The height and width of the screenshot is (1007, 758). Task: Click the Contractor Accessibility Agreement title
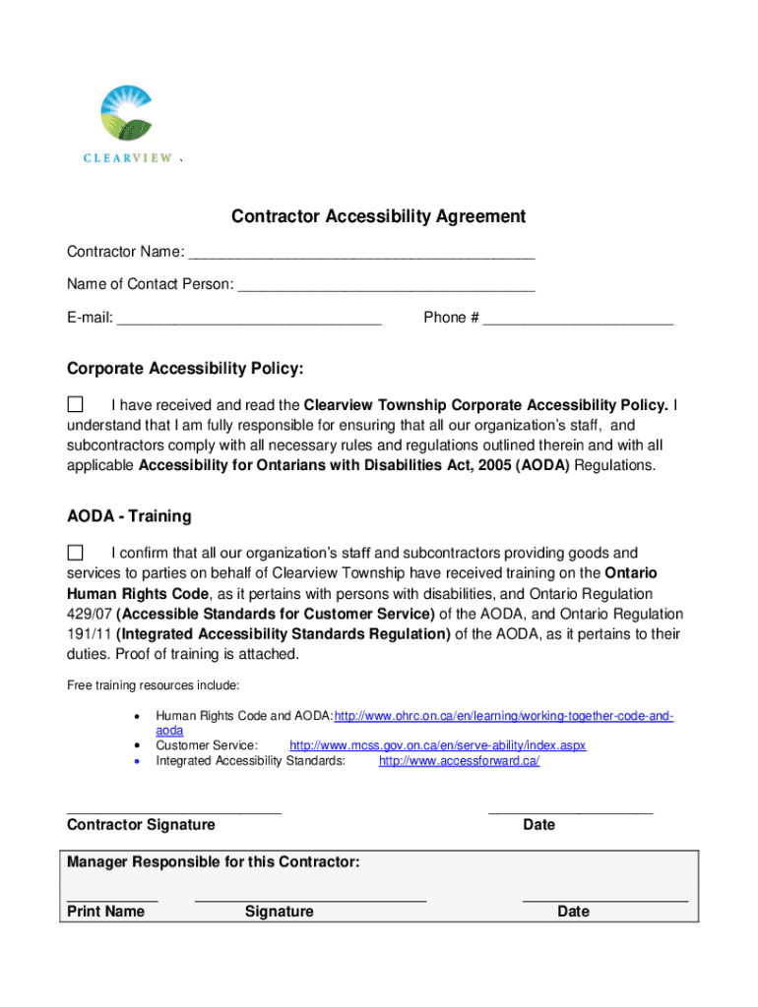pos(378,216)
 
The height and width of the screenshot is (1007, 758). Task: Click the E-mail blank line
pos(249,319)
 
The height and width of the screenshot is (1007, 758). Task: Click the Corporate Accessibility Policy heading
pos(185,369)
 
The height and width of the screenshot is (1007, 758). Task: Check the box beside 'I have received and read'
pos(75,404)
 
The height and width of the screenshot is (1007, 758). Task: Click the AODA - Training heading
pos(129,516)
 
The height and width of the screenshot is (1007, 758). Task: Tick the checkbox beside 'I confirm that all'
pos(75,552)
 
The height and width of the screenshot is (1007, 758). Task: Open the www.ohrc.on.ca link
pos(504,716)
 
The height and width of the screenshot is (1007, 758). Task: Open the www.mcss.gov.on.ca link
pos(437,745)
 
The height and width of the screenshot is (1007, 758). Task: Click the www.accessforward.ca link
pos(459,761)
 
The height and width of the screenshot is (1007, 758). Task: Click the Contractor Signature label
pos(141,825)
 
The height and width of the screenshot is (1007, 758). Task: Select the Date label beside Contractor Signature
pos(538,825)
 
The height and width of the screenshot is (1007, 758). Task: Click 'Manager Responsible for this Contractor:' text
pos(213,862)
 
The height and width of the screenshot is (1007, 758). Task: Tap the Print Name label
pos(105,912)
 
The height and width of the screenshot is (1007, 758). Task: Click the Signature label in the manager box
pos(279,912)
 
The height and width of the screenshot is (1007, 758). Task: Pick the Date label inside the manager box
pos(573,912)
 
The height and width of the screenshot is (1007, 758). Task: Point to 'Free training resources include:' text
pos(153,684)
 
